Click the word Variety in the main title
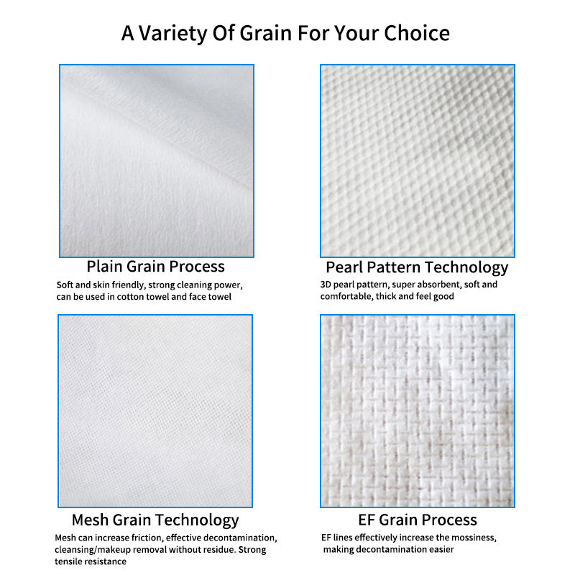173,34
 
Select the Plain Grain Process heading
155,267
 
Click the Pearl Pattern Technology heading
417,267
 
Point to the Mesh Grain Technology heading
155,520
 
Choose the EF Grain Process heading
418,520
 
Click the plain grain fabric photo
157,161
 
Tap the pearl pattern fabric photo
418,161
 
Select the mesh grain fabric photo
155,411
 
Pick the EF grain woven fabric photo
418,411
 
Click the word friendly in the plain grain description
129,285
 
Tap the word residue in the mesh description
218,550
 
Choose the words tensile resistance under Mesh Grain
91,561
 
